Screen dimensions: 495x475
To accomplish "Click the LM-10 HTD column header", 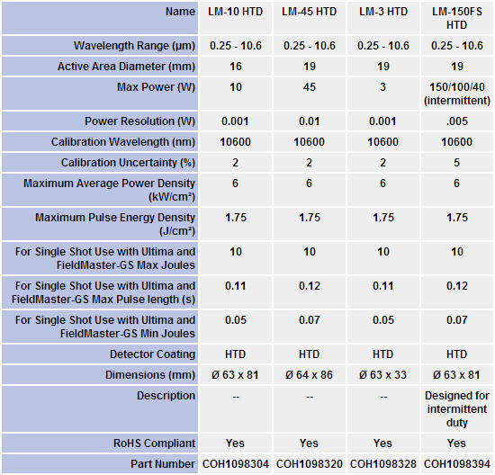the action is (235, 12).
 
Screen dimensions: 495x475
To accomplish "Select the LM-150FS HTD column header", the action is (457, 18).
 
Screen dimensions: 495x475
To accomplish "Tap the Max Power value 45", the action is (309, 87).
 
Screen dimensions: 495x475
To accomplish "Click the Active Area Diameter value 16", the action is (236, 67).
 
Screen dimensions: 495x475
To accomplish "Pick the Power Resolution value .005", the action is (457, 121).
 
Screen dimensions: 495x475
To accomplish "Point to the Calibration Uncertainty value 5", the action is (457, 163).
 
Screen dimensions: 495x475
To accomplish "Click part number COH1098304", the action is (236, 464).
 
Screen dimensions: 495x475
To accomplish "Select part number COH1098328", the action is (383, 464).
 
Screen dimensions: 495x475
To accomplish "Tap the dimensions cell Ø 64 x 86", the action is (309, 375).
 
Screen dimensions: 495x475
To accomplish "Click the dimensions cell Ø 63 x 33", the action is (382, 375).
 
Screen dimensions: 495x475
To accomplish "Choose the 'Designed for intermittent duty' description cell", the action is (457, 409).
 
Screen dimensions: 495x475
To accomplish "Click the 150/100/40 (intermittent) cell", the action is (457, 94).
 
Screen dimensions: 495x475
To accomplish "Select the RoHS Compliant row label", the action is (155, 444).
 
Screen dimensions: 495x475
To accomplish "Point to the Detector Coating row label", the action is (152, 354).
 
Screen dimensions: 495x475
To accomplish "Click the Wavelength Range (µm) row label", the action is (134, 46).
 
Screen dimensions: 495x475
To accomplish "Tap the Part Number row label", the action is (163, 464).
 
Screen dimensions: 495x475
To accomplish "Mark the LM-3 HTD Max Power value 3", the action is (382, 87).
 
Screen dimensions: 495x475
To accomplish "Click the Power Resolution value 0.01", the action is (309, 121).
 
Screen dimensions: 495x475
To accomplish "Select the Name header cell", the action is (180, 12).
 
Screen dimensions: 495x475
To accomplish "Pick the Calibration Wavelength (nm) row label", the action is (123, 142).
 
